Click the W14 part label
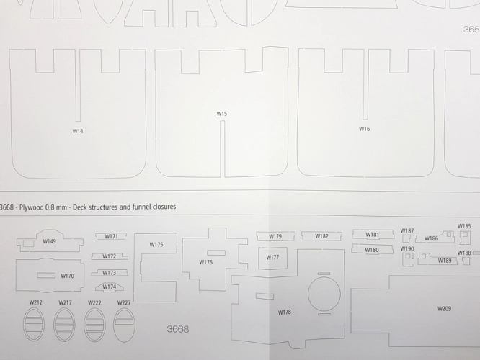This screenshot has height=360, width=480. (78, 131)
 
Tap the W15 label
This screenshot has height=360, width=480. (222, 114)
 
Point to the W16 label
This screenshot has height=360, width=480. (364, 129)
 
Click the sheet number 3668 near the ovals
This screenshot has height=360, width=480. (178, 329)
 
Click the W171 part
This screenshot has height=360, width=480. (111, 236)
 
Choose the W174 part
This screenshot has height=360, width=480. (110, 287)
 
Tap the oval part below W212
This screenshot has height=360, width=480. (34, 325)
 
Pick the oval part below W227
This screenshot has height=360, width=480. (124, 325)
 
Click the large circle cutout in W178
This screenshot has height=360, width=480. (324, 294)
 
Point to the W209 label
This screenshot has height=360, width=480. (444, 309)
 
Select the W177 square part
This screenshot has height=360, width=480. (272, 258)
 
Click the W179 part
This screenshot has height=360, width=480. (275, 236)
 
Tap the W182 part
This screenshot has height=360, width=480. (321, 236)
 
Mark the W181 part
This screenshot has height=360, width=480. (373, 234)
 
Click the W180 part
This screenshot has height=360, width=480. (372, 249)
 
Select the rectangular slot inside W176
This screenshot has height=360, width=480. (216, 253)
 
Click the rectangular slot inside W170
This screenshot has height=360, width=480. (46, 275)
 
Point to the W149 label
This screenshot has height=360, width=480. (49, 241)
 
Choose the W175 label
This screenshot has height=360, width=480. (156, 245)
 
